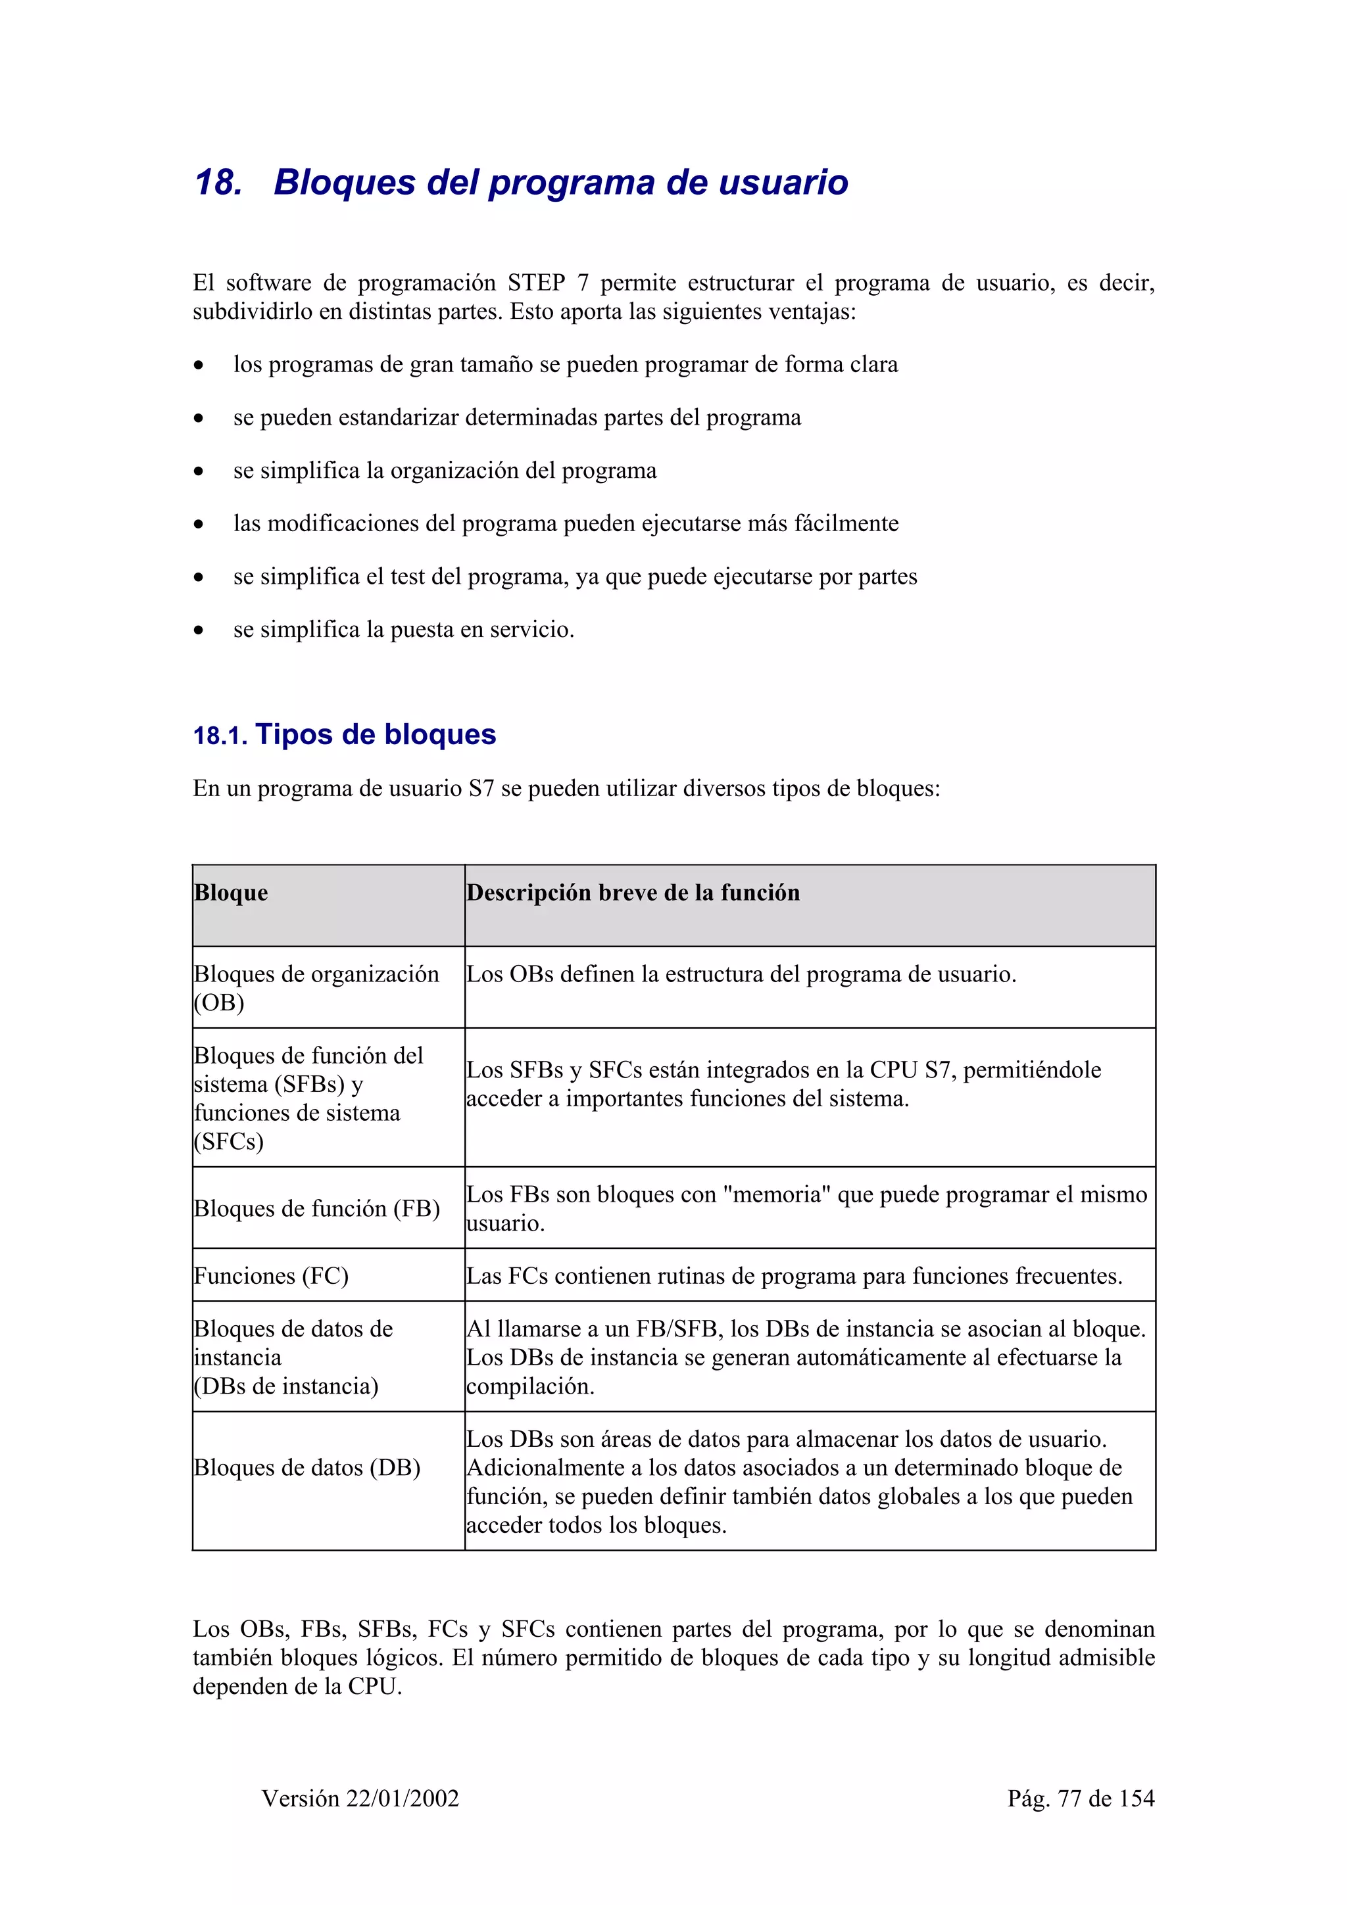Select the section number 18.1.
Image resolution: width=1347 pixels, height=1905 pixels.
pos(219,736)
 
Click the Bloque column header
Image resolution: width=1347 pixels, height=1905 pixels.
pos(231,893)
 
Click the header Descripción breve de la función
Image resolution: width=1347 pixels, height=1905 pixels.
pos(633,893)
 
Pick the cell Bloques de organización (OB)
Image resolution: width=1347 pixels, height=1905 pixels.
pos(316,987)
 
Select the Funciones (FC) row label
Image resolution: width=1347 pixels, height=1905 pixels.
pos(270,1275)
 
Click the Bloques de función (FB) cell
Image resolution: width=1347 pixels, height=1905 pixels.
pos(316,1208)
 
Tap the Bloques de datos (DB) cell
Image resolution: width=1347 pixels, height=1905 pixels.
pos(307,1467)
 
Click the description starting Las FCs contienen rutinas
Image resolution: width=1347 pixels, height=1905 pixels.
pos(793,1275)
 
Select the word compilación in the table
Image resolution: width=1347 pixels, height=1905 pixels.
pos(529,1386)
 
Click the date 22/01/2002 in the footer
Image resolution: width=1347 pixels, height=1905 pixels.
pos(403,1798)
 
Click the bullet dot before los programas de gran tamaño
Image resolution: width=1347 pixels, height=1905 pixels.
pos(199,365)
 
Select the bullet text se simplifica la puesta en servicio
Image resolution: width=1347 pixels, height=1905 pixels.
pos(403,629)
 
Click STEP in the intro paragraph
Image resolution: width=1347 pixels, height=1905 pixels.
pos(536,283)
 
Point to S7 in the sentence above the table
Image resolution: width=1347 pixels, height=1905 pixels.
pos(481,788)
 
